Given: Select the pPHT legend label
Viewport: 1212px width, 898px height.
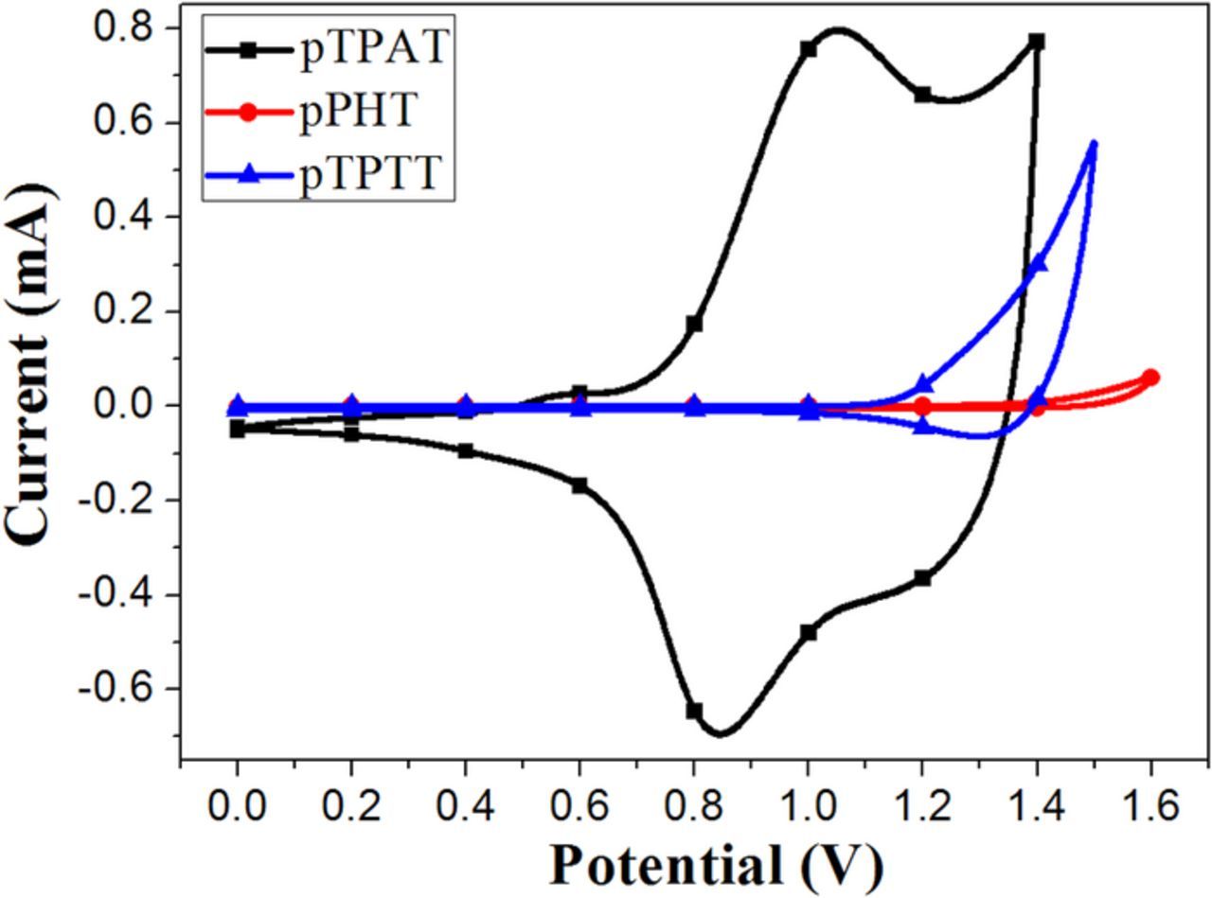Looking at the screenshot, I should tap(357, 112).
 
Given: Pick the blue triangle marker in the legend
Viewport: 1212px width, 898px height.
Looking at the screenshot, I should tap(247, 174).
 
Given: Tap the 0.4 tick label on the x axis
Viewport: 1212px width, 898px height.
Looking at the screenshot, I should tap(465, 807).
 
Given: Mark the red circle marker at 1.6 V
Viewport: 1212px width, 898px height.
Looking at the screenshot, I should tap(1150, 378).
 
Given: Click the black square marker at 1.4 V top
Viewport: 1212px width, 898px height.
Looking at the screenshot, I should tap(1037, 42).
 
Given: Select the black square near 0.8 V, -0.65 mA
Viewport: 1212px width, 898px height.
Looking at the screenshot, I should tap(694, 711).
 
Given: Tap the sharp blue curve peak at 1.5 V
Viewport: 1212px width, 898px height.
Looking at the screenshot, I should tap(1094, 144).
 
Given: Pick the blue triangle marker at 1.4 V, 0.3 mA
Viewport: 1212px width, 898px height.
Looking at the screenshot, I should tap(1039, 263).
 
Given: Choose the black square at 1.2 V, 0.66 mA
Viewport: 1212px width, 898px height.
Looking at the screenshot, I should tap(922, 95).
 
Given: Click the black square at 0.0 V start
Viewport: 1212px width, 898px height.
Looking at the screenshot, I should tap(237, 430).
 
